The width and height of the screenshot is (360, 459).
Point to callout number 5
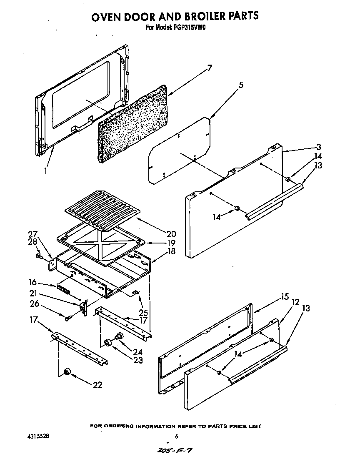(x=240, y=85)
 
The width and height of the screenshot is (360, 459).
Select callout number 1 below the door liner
(x=46, y=171)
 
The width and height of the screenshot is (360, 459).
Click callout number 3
(x=318, y=147)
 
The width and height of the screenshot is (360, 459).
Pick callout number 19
(x=160, y=243)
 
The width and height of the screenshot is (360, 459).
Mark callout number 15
(x=285, y=297)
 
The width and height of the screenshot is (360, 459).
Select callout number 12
(x=295, y=302)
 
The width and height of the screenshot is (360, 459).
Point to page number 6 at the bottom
(x=177, y=436)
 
